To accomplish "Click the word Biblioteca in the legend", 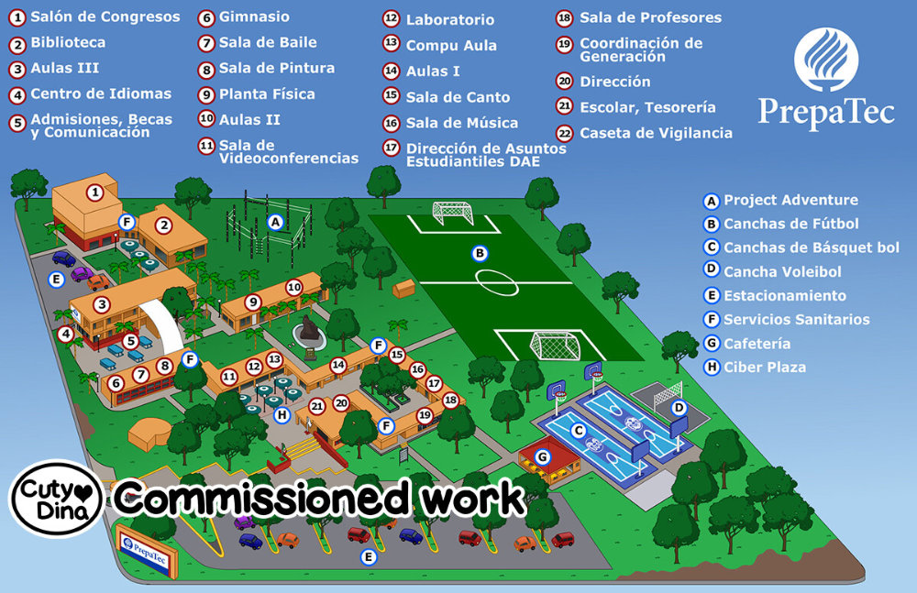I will pos(68,42).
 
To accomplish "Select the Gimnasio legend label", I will pos(254,16).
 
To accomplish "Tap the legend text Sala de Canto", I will pos(458,97).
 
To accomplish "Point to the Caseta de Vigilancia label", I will pos(656,133).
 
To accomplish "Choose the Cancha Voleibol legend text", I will pos(782,271).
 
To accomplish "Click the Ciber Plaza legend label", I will pos(765,368).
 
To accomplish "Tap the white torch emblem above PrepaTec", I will pos(825,60).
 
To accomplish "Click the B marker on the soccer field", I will pos(478,252).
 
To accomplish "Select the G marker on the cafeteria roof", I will pos(542,456).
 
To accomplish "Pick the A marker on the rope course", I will pos(274,221).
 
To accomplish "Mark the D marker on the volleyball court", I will pos(679,408).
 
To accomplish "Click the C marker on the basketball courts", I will pos(579,429).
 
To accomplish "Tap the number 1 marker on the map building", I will pos(94,192).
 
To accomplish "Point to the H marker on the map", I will pos(282,415).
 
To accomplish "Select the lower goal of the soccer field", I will pos(556,346).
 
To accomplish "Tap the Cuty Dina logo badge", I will pos(56,500).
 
